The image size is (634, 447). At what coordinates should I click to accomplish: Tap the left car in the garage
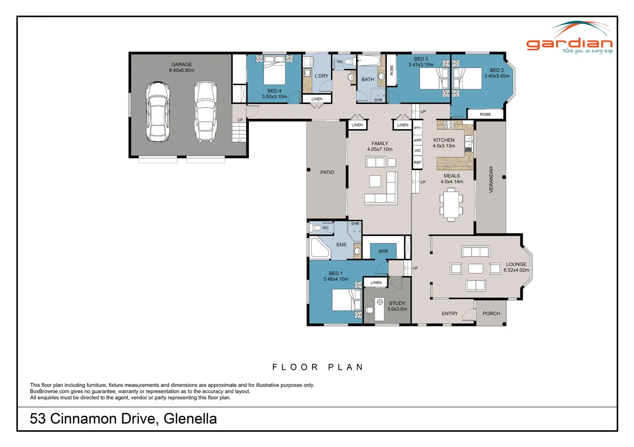click(x=158, y=112)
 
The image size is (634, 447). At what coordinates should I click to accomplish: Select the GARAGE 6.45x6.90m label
click(x=182, y=67)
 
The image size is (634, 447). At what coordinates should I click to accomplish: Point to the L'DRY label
click(x=321, y=76)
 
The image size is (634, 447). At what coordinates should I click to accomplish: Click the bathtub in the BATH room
click(x=368, y=62)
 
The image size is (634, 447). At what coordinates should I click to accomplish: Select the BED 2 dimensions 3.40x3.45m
click(x=497, y=76)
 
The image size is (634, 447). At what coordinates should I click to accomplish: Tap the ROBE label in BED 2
click(x=485, y=115)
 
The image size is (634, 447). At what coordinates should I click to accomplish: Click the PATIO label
click(x=327, y=173)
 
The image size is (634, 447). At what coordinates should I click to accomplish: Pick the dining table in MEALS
click(x=451, y=204)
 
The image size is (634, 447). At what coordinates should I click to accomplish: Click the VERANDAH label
click(x=491, y=180)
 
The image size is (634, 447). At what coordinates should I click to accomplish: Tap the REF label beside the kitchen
click(x=418, y=163)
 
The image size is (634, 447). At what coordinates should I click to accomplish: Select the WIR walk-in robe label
click(x=383, y=251)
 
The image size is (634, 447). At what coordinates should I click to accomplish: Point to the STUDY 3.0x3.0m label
click(x=397, y=306)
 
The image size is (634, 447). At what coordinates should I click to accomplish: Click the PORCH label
click(x=491, y=314)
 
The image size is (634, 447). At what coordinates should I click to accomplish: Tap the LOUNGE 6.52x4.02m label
click(x=516, y=267)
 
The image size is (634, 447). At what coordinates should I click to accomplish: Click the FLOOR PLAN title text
click(x=318, y=367)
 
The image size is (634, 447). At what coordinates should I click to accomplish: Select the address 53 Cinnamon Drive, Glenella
click(x=123, y=419)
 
